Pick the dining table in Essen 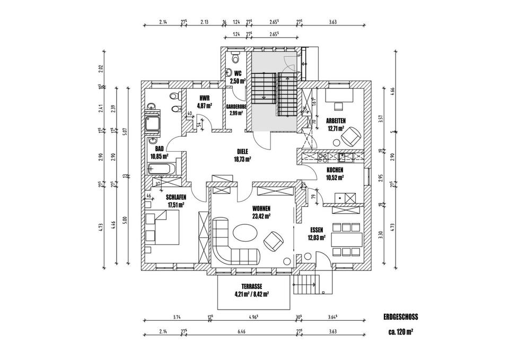pyautogui.click(x=347, y=238)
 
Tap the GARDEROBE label pyautogui.click(x=236, y=106)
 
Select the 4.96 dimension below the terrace pyautogui.click(x=254, y=318)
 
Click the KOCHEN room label pyautogui.click(x=335, y=170)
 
